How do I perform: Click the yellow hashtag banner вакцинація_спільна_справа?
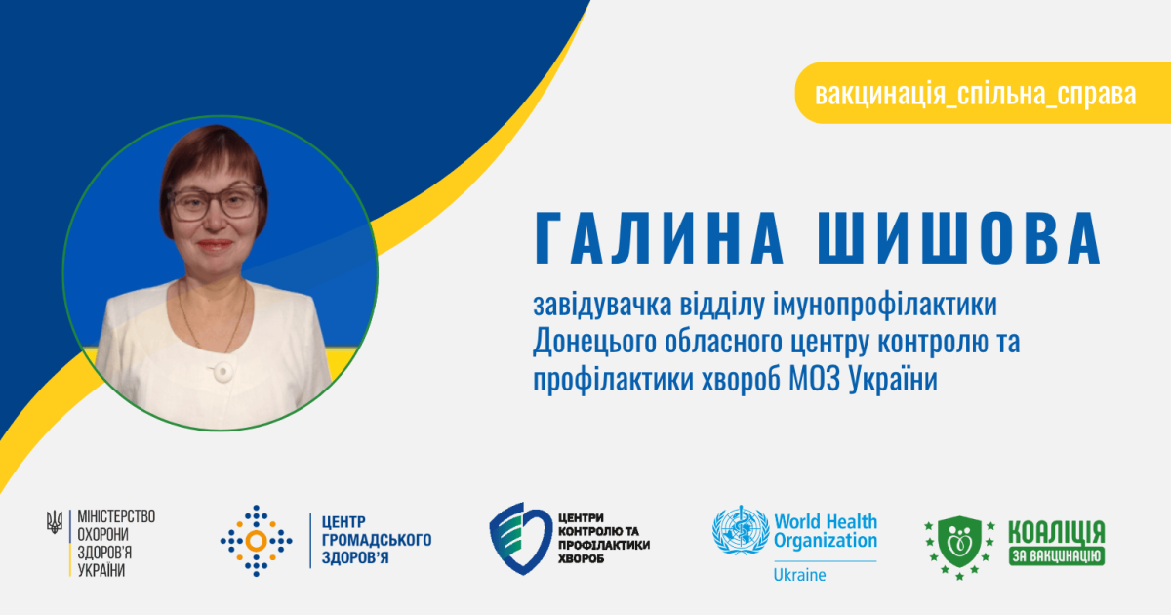983,93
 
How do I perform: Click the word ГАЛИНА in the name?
659,238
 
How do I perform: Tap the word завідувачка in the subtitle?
602,305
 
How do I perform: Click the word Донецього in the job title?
595,343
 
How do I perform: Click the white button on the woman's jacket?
222,371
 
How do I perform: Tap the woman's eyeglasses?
215,202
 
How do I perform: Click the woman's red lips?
215,244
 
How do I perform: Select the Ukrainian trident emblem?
55,522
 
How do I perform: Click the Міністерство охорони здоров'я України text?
116,544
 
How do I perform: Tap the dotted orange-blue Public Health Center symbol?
256,541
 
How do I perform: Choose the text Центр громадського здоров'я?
377,540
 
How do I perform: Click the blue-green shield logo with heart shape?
521,539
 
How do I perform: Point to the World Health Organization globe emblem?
741,530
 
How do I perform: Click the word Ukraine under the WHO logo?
800,575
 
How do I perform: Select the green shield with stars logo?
960,548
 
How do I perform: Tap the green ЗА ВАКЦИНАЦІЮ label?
1057,555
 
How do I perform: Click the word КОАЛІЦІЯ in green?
1057,532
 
